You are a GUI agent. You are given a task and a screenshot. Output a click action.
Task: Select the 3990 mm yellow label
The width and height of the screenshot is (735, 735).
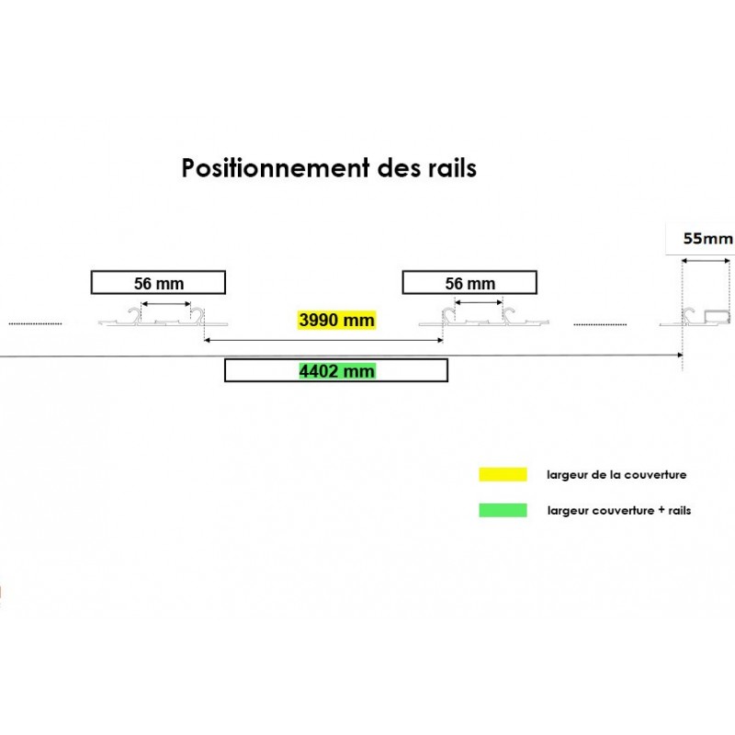(336, 320)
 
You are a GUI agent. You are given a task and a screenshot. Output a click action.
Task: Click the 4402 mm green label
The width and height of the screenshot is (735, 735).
(336, 371)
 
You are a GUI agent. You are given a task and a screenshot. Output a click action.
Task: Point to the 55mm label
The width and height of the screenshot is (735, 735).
(707, 239)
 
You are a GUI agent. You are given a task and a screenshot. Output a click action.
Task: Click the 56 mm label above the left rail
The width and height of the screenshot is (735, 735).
(157, 283)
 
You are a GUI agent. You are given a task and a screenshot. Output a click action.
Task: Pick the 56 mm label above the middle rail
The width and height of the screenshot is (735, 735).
(469, 283)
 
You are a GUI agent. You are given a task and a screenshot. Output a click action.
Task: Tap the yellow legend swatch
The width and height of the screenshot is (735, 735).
(503, 475)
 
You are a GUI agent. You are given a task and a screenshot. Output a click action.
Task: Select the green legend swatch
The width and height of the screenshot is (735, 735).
(503, 510)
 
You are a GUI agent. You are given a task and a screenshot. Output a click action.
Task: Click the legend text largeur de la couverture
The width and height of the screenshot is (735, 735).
(616, 475)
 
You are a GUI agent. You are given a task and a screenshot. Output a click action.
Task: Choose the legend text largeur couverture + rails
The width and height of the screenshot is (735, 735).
(618, 510)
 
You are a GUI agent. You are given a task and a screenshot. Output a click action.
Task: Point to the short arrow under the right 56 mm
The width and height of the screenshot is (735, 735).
(479, 301)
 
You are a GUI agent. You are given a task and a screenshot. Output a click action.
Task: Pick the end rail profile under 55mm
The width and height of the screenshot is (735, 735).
(703, 319)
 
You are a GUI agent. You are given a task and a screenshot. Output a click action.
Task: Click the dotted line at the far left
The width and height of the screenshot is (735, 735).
(36, 323)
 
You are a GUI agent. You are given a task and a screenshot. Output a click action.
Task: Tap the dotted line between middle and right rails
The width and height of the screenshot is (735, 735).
(600, 323)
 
